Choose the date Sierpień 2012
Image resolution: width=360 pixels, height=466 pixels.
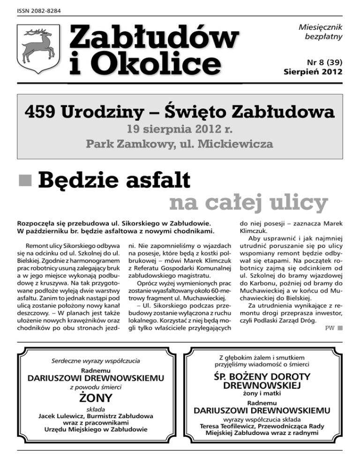click(313, 72)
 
